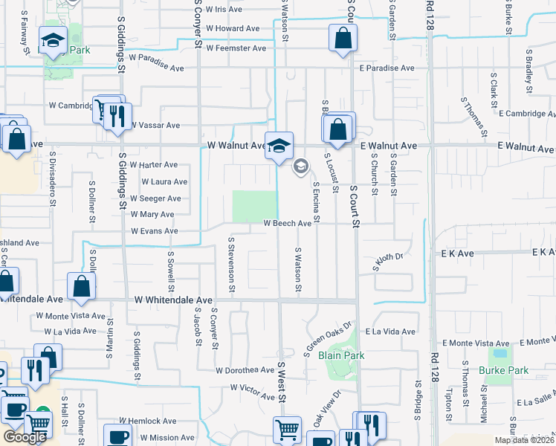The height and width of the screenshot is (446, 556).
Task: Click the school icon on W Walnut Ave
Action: coord(279,146)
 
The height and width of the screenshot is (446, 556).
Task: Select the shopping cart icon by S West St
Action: coord(287,429)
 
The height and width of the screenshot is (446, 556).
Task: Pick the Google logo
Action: coord(25,437)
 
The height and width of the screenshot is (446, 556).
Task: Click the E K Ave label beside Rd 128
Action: coord(457,253)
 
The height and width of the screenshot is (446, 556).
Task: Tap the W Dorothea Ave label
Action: coord(245,369)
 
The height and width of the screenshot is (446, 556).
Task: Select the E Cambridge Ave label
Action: coord(527,113)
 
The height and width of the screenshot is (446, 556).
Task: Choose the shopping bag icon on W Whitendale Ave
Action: coord(81,286)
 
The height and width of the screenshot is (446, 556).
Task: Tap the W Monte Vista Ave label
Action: coord(71,316)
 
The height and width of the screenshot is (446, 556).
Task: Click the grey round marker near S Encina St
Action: coord(300,166)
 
